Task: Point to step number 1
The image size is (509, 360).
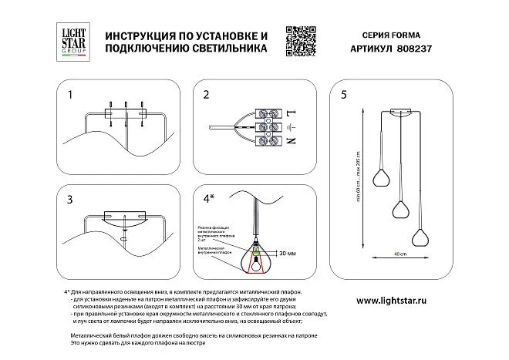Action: pyautogui.click(x=70, y=96)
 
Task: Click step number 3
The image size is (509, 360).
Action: pyautogui.click(x=70, y=200)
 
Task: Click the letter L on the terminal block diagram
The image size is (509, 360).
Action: pyautogui.click(x=290, y=113)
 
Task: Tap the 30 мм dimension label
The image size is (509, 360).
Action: pyautogui.click(x=288, y=253)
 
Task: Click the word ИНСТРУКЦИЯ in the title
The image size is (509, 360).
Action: pyautogui.click(x=142, y=35)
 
